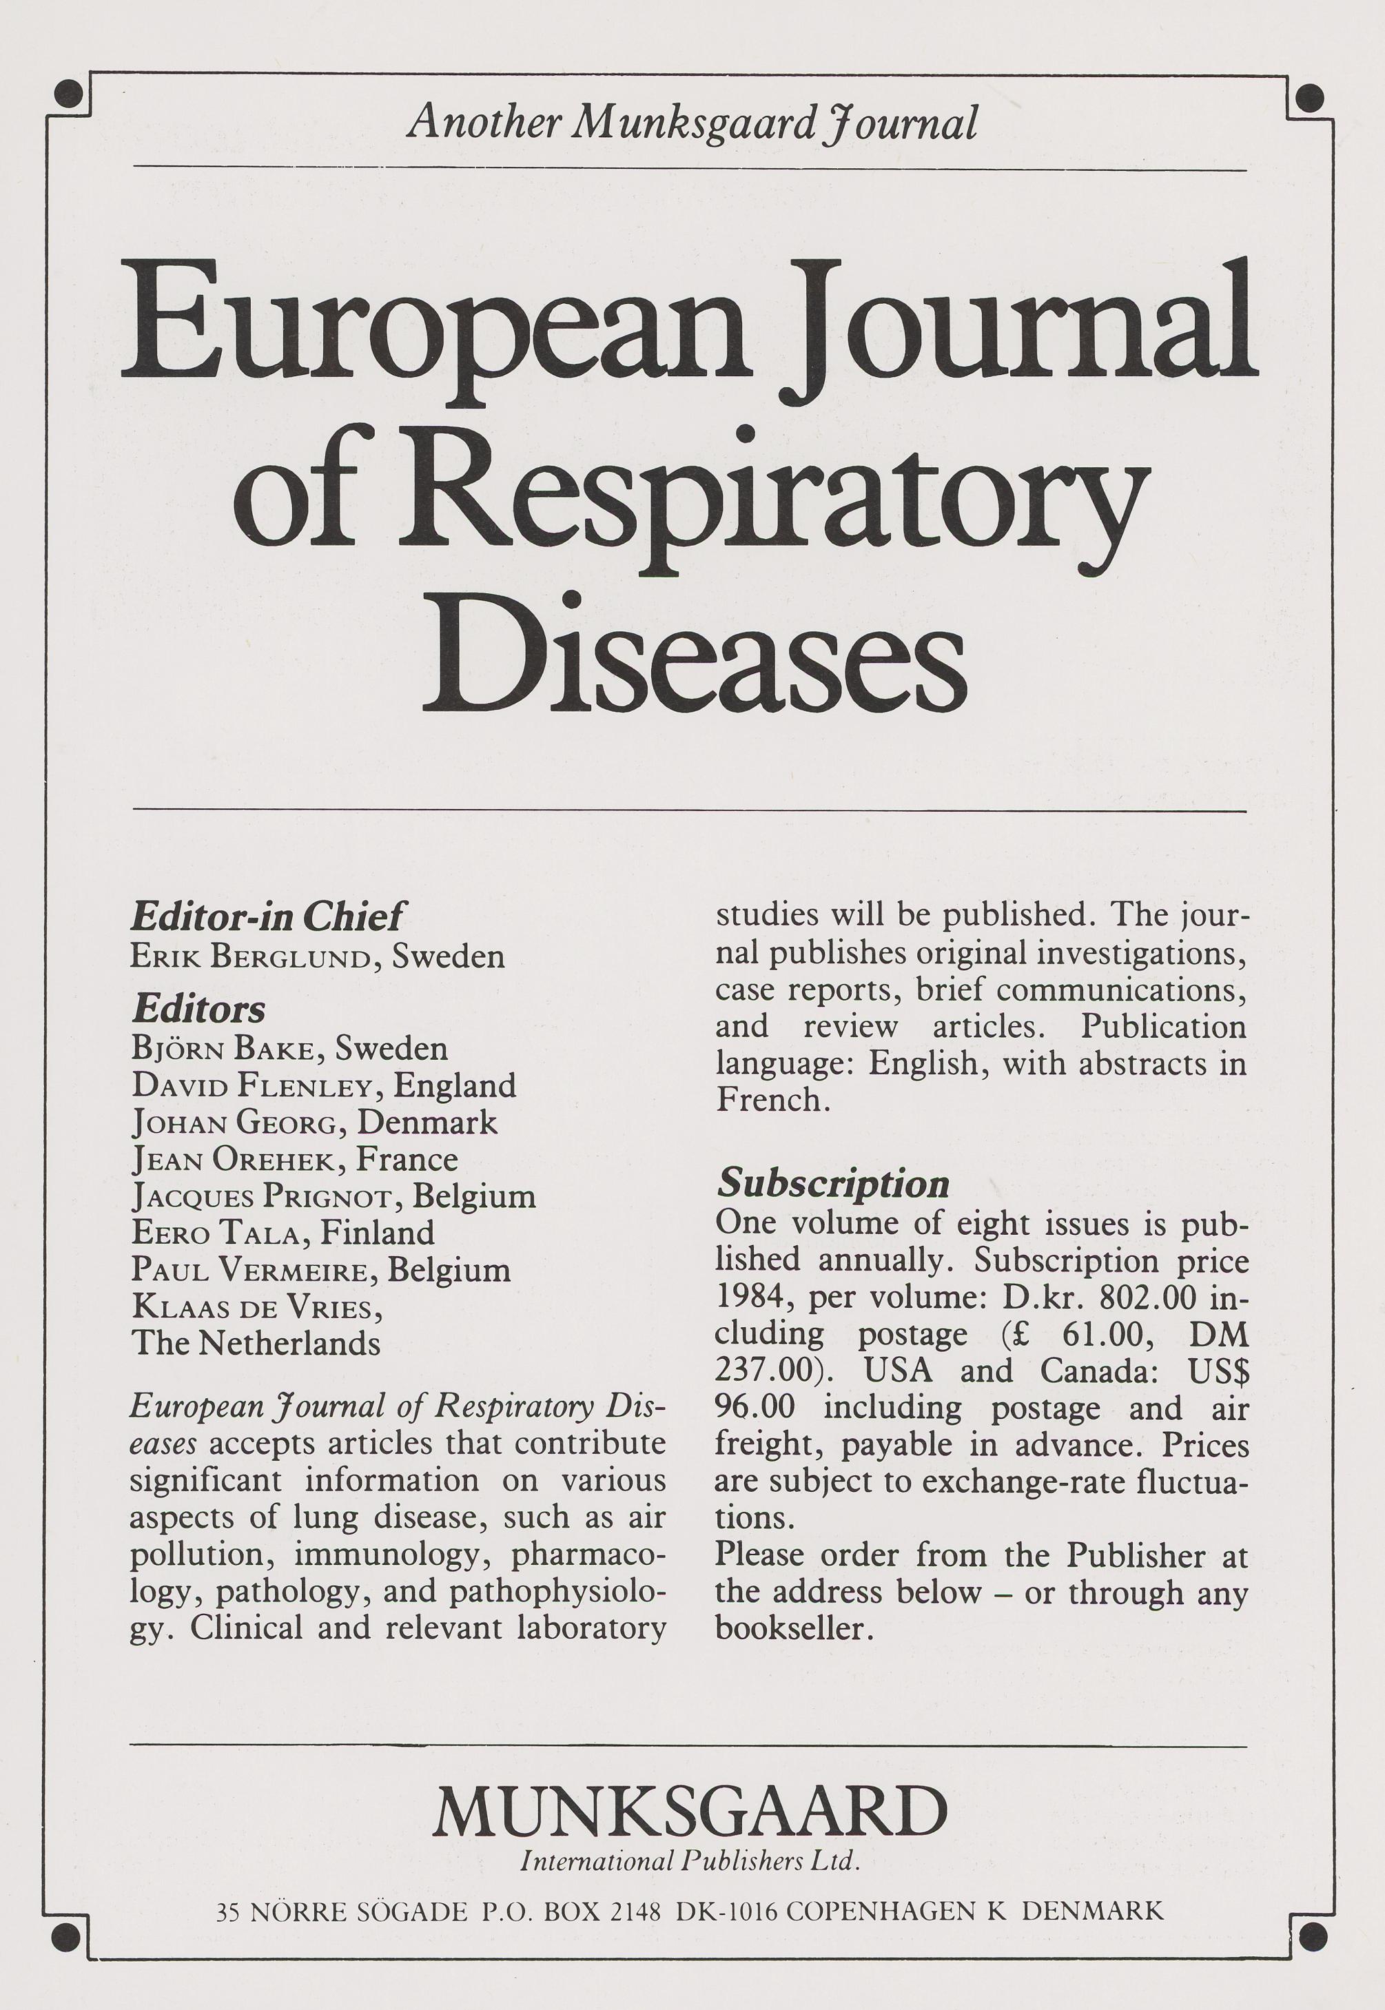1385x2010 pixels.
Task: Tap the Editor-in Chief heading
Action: (x=267, y=916)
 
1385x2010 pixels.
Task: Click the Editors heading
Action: (x=198, y=1009)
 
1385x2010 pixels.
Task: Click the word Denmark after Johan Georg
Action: (x=427, y=1123)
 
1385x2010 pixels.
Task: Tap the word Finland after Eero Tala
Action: (x=377, y=1233)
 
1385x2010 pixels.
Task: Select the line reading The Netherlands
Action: (x=256, y=1344)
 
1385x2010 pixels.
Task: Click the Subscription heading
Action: (x=833, y=1184)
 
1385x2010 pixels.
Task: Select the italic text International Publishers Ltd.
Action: (x=690, y=1860)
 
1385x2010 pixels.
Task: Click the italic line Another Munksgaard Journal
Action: (x=692, y=123)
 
